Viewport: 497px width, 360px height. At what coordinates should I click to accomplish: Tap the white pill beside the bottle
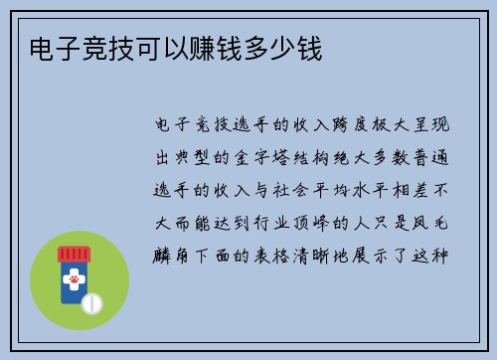(91, 302)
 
